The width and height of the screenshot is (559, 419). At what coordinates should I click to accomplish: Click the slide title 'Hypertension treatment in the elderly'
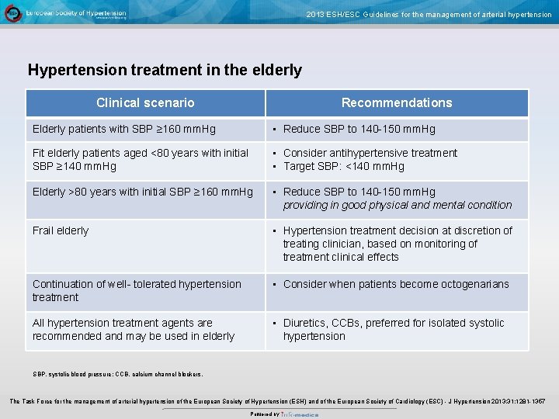pyautogui.click(x=165, y=70)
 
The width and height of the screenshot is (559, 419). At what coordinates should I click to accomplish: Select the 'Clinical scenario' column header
pyautogui.click(x=145, y=102)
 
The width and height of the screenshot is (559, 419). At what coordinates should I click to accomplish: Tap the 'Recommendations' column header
pyautogui.click(x=396, y=102)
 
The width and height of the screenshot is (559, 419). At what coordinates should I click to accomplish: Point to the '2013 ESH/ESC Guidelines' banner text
pyautogui.click(x=429, y=14)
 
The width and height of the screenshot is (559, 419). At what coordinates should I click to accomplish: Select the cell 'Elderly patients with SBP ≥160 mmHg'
pyautogui.click(x=124, y=129)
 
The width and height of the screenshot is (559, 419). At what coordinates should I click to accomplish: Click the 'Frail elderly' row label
pyautogui.click(x=61, y=230)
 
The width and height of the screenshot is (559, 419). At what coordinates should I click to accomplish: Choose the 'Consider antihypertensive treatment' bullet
pyautogui.click(x=370, y=153)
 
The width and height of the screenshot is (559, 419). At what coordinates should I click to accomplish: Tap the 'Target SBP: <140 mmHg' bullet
pyautogui.click(x=343, y=166)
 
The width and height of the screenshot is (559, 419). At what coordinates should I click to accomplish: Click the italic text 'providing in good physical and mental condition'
pyautogui.click(x=397, y=205)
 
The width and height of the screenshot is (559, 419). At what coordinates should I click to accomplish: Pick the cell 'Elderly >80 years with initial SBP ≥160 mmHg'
pyautogui.click(x=143, y=192)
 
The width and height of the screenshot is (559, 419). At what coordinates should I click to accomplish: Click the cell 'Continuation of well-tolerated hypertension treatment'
pyautogui.click(x=137, y=290)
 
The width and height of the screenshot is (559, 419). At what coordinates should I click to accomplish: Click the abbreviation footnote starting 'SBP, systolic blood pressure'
pyautogui.click(x=117, y=374)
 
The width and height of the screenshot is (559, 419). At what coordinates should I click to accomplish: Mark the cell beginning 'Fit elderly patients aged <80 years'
pyautogui.click(x=141, y=159)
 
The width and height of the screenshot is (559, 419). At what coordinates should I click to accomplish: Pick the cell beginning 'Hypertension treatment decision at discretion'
pyautogui.click(x=397, y=244)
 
